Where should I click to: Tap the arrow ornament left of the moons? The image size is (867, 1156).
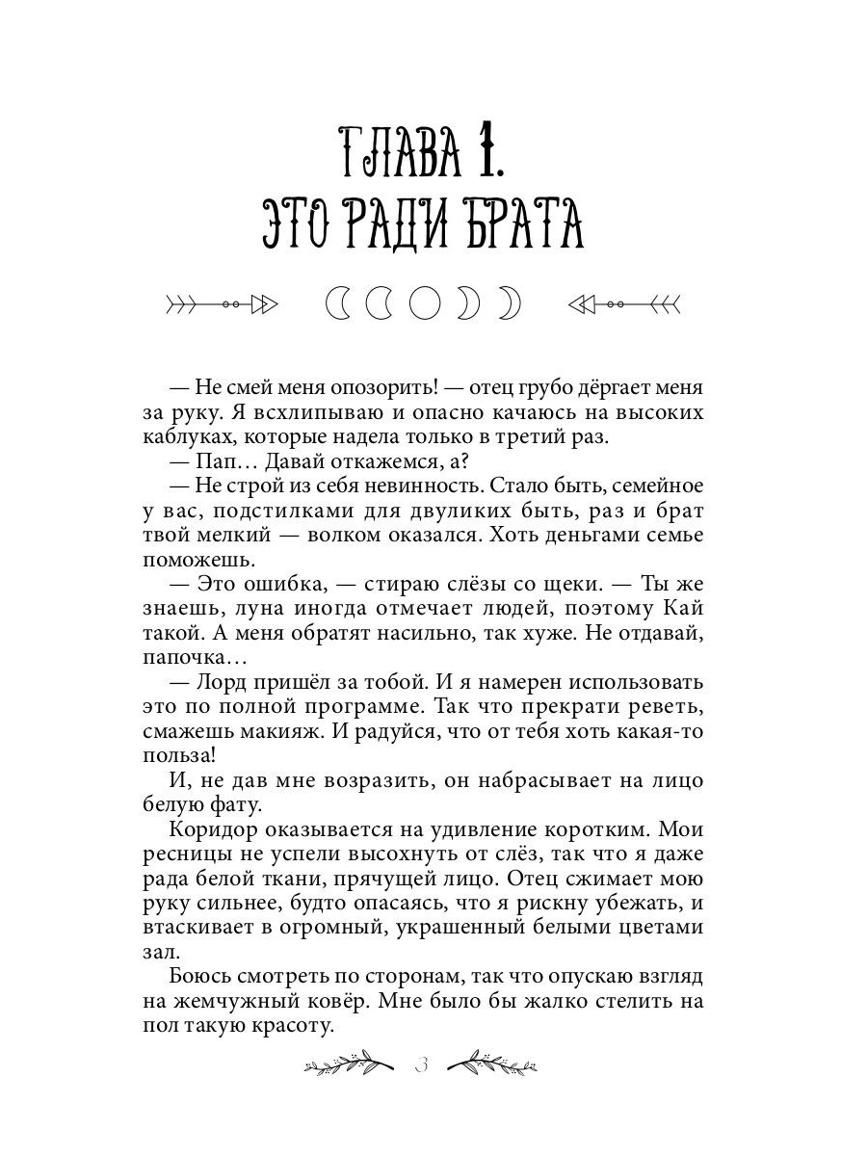tap(222, 304)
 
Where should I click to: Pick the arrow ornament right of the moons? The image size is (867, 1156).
tap(624, 304)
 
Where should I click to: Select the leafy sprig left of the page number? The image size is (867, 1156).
tap(349, 1064)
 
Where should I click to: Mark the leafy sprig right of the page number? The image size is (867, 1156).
tap(493, 1064)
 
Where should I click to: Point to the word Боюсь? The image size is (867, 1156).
tap(197, 977)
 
